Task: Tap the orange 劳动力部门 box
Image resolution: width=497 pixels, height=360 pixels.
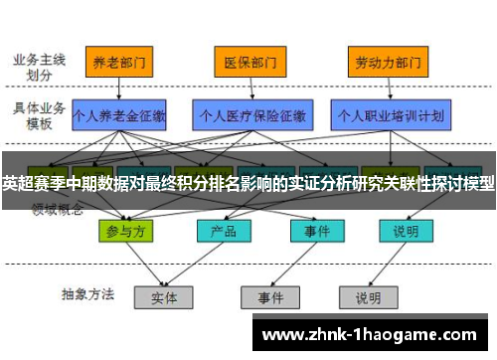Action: (381, 62)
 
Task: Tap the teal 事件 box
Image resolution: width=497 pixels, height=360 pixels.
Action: (310, 231)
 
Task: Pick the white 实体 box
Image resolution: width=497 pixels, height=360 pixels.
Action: (163, 296)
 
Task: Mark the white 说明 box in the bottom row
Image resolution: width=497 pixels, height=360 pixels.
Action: (368, 296)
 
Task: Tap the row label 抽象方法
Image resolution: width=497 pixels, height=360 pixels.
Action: (87, 294)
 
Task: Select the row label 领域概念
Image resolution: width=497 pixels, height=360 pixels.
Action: (58, 210)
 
